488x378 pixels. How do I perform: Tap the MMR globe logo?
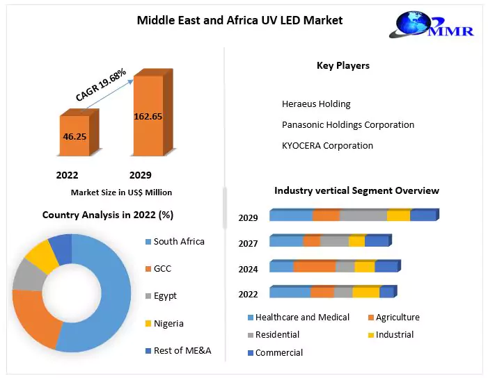pos(433,27)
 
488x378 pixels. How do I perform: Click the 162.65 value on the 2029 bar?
pos(148,116)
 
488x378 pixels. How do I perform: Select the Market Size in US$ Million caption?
pos(121,192)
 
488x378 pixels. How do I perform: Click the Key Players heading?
pos(343,65)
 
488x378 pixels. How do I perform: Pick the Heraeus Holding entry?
pos(316,104)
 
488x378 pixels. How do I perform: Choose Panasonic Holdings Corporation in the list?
pos(347,124)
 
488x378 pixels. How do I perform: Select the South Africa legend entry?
pos(179,241)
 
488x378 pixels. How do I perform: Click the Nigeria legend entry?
pos(169,323)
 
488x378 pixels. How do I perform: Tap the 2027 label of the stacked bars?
pos(248,243)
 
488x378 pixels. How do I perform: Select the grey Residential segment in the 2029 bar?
pos(363,215)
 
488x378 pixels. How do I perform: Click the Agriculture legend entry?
pos(398,317)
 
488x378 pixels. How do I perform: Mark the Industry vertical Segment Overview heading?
pos(356,190)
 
